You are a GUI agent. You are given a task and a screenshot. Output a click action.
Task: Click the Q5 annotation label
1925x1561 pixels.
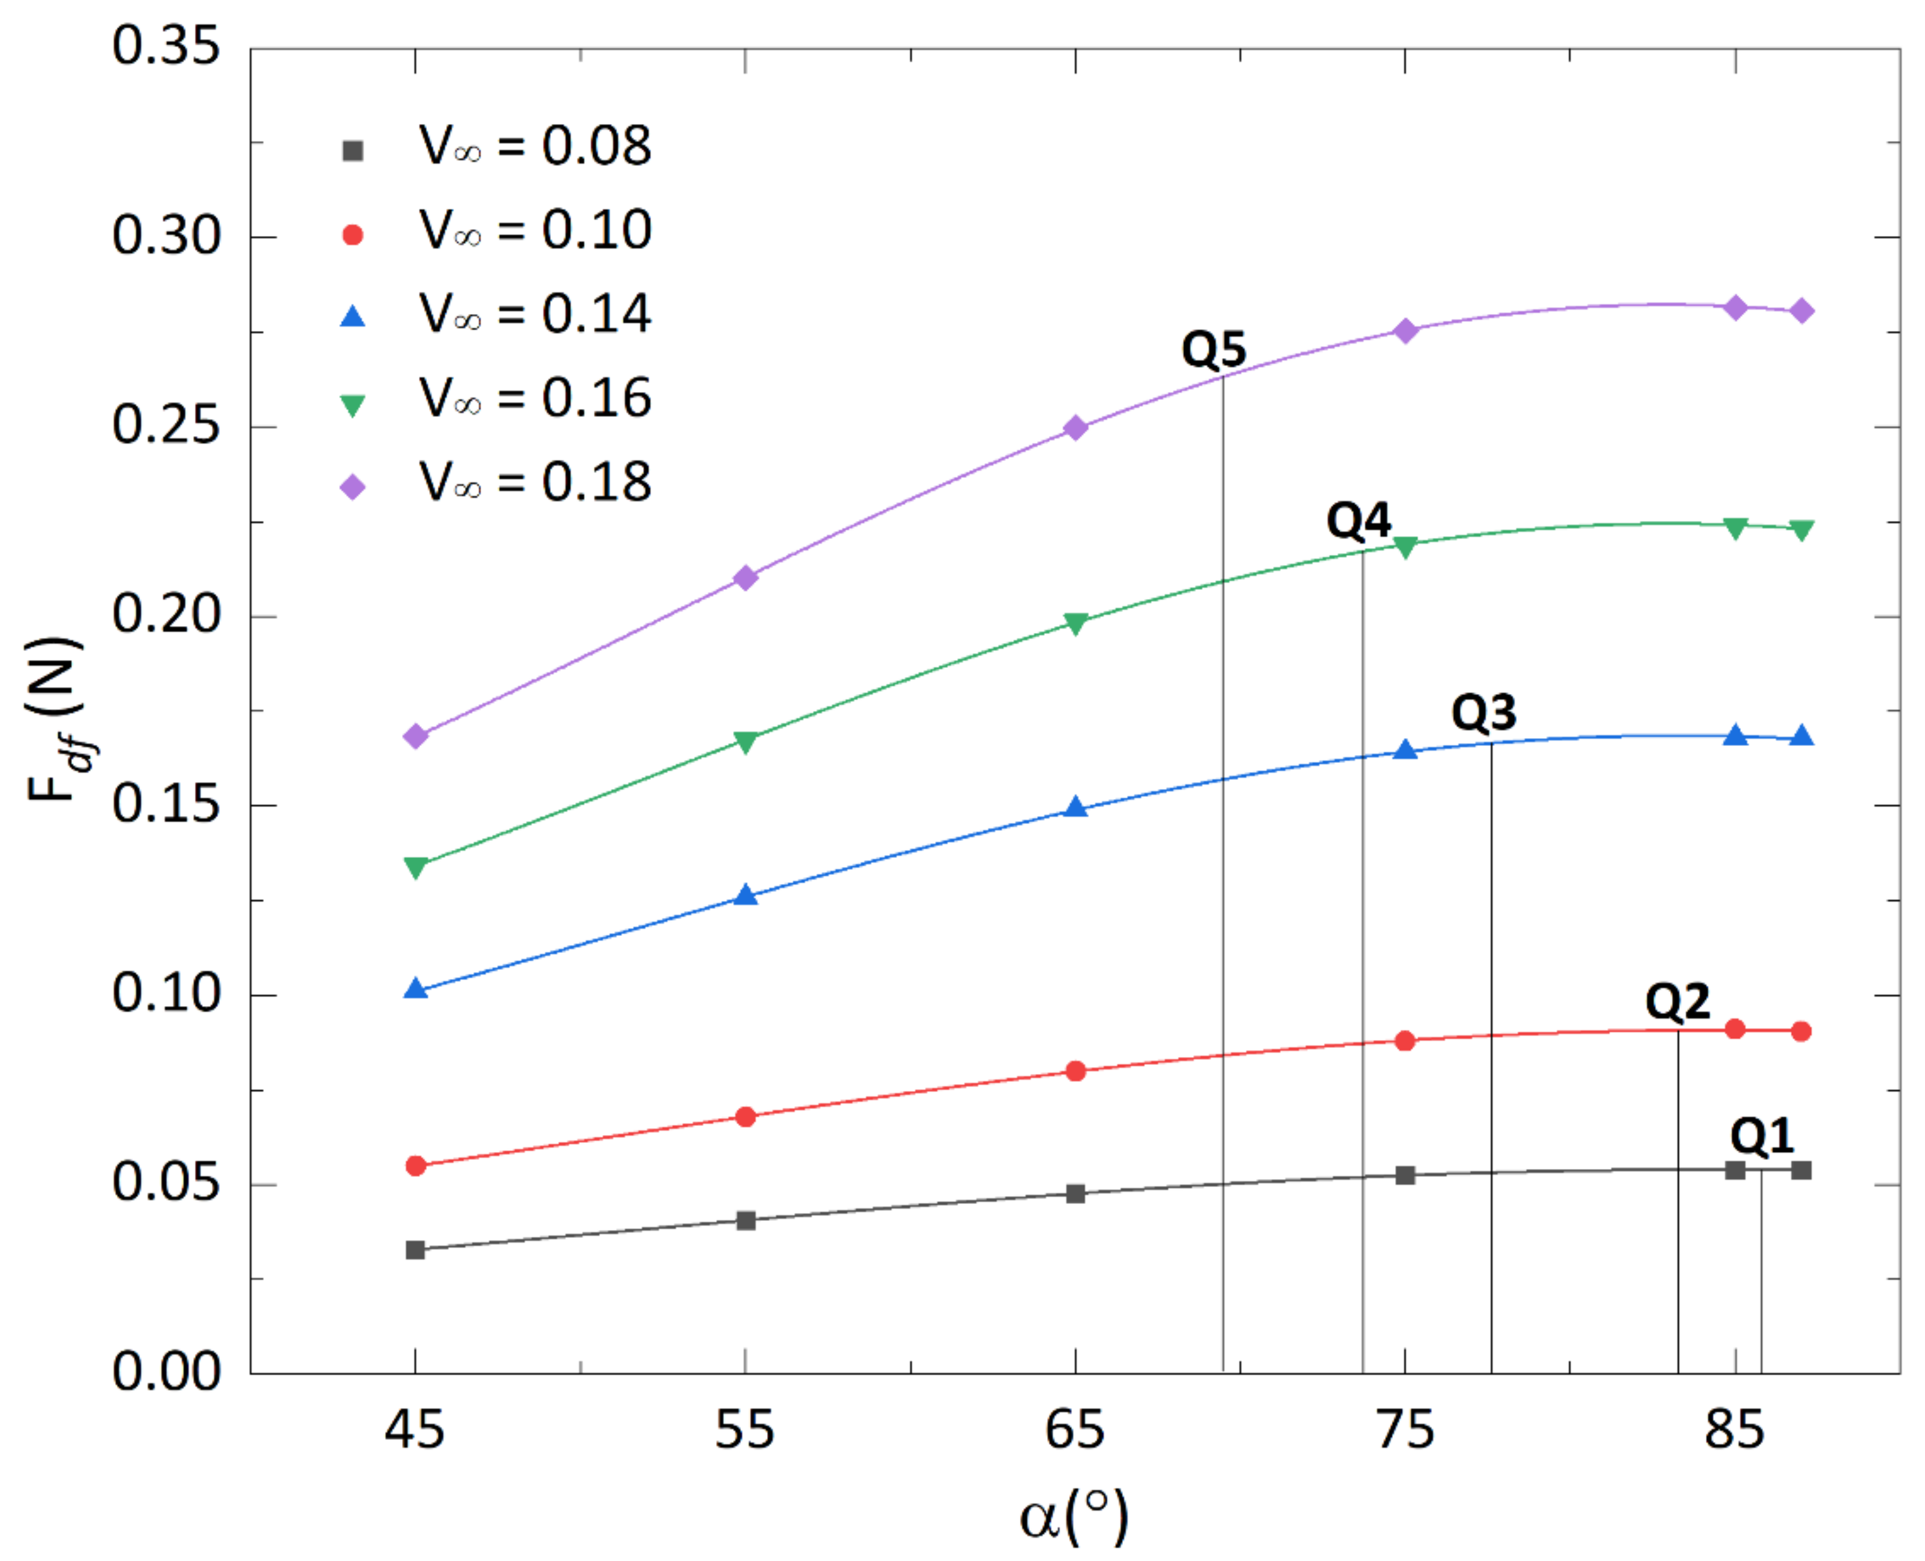[x=1214, y=349]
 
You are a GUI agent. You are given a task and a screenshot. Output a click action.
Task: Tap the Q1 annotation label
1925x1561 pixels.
[x=1762, y=1136]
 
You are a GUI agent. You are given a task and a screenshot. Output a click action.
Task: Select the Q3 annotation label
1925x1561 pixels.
[x=1483, y=712]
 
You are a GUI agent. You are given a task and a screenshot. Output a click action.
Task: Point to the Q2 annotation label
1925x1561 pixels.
[x=1677, y=1001]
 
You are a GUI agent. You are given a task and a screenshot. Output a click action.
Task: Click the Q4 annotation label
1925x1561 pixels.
[x=1358, y=520]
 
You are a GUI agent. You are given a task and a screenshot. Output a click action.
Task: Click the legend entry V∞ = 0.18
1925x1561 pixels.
[x=535, y=482]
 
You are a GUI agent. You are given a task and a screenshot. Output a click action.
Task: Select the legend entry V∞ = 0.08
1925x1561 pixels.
[x=535, y=146]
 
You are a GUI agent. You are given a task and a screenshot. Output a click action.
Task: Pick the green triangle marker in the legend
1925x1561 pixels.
[x=353, y=405]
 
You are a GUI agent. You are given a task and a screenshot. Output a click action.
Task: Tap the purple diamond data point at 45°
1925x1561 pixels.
[x=416, y=736]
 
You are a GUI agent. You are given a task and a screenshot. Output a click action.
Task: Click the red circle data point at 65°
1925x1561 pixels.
[x=1075, y=1071]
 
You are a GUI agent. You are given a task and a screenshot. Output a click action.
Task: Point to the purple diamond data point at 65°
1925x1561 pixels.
[x=1075, y=428]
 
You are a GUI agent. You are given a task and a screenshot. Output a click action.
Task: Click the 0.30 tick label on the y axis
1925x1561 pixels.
[x=166, y=237]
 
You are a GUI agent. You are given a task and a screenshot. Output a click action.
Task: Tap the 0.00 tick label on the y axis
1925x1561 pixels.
[x=166, y=1372]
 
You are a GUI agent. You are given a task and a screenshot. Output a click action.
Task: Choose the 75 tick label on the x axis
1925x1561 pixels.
[x=1405, y=1429]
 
